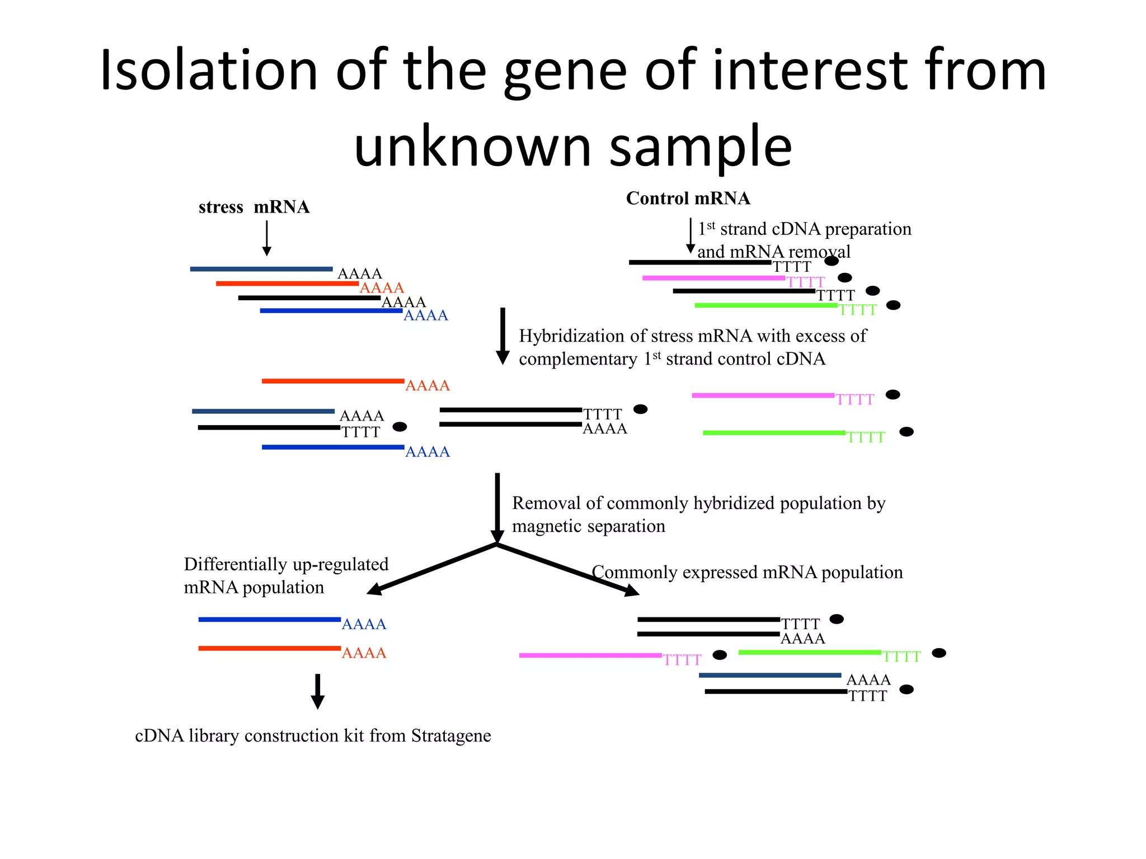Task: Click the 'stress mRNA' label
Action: pyautogui.click(x=253, y=207)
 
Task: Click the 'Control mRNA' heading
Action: pyautogui.click(x=688, y=198)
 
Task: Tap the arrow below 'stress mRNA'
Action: pyautogui.click(x=267, y=238)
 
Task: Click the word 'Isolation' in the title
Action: pyautogui.click(x=209, y=70)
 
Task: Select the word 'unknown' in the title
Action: pyautogui.click(x=473, y=147)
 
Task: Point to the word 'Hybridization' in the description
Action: pyautogui.click(x=571, y=336)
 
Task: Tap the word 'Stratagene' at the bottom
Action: pyautogui.click(x=451, y=735)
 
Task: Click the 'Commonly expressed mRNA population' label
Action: pyautogui.click(x=747, y=572)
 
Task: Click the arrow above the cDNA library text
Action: pyautogui.click(x=317, y=691)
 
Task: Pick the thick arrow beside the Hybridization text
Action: pyautogui.click(x=502, y=336)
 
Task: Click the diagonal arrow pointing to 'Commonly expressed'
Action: pyautogui.click(x=568, y=569)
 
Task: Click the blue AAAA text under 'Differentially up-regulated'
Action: pyautogui.click(x=364, y=624)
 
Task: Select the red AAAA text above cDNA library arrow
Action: pyautogui.click(x=364, y=653)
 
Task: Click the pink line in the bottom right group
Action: pyautogui.click(x=590, y=655)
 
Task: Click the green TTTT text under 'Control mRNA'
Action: pyautogui.click(x=857, y=310)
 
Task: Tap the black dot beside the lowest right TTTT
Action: pyautogui.click(x=906, y=690)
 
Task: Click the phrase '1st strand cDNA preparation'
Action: pyautogui.click(x=805, y=229)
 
